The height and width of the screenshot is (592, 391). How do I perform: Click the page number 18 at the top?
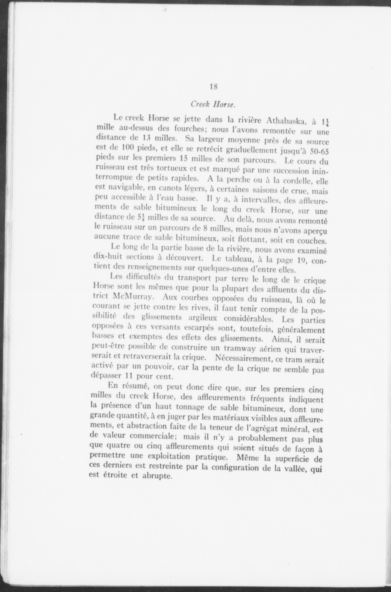pyautogui.click(x=214, y=87)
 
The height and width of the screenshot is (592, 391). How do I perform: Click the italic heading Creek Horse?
pyautogui.click(x=213, y=104)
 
